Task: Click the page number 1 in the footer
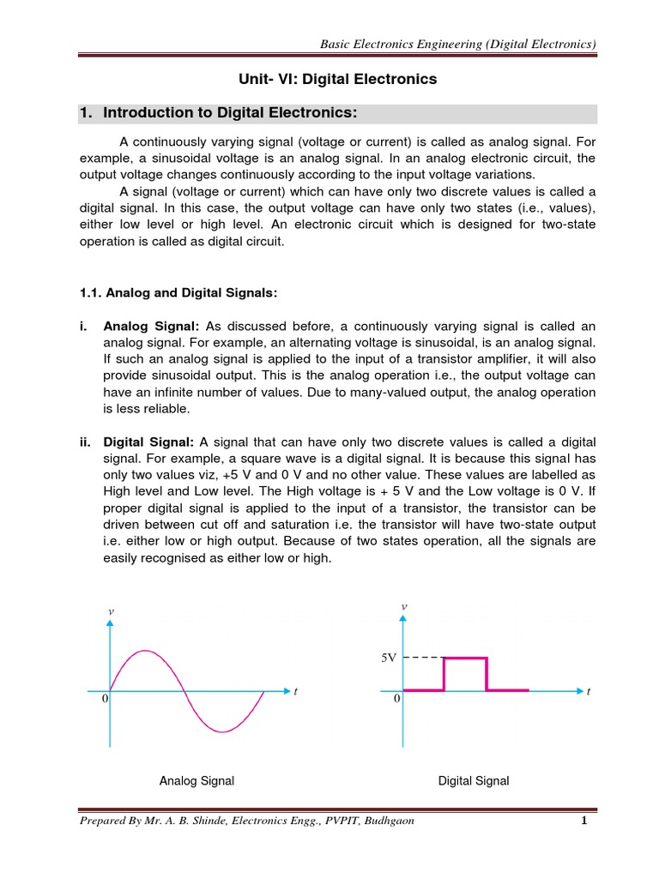click(583, 821)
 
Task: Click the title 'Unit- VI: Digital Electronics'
click(337, 79)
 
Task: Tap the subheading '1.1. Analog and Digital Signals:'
click(178, 293)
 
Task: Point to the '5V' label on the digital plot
click(388, 658)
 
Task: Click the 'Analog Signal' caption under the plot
click(196, 781)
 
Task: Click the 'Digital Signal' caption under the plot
click(474, 781)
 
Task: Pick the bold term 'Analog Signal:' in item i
click(151, 327)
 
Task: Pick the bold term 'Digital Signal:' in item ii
click(150, 442)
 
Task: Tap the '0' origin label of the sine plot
click(105, 700)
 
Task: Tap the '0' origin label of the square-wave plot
click(396, 700)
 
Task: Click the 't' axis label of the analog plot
click(295, 691)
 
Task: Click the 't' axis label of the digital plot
click(589, 691)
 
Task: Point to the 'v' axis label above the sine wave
click(110, 610)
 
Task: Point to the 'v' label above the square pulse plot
click(403, 607)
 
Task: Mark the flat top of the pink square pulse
click(465, 658)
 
